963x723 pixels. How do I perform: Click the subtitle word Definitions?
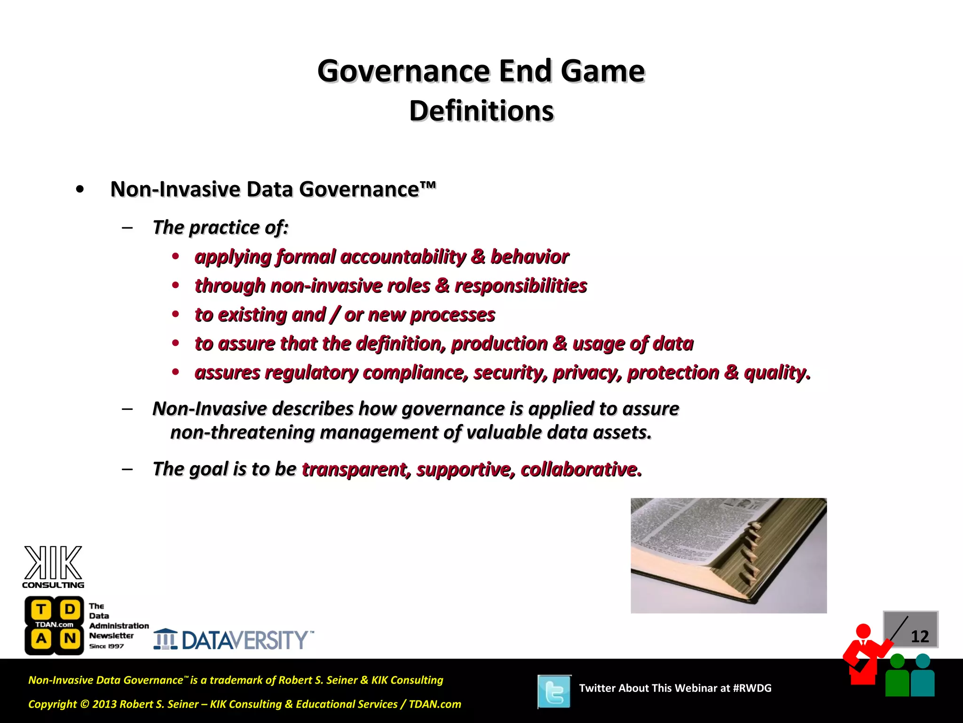(x=481, y=112)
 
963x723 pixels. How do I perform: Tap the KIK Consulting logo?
(x=53, y=567)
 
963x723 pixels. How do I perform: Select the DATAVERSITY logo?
(x=234, y=640)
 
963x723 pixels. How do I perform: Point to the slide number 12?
(x=919, y=637)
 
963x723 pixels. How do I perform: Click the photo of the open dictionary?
(x=728, y=555)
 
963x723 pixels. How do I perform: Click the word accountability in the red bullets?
(x=403, y=257)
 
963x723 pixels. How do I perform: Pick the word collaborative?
(x=581, y=469)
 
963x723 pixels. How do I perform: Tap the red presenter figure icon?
(x=864, y=654)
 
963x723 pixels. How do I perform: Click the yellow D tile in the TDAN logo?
(x=70, y=610)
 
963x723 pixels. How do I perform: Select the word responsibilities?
(x=521, y=286)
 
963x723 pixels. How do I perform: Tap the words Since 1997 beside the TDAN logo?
(x=106, y=646)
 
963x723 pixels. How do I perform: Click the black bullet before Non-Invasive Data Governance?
(x=80, y=190)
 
